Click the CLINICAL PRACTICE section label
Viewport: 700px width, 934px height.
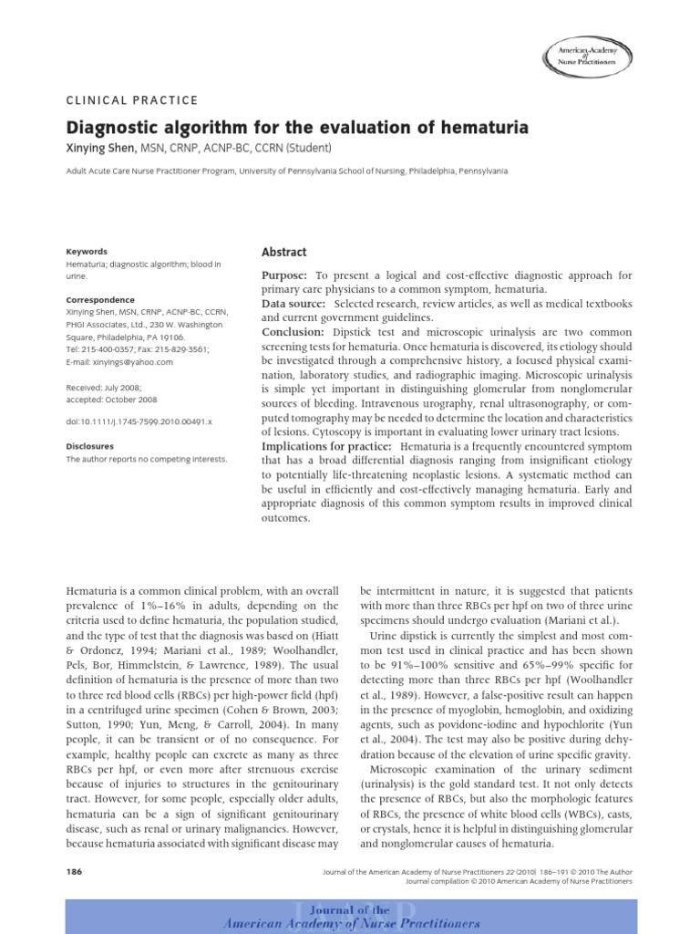coord(132,100)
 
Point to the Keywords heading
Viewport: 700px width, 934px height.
coord(87,252)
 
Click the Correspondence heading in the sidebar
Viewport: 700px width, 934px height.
coord(100,300)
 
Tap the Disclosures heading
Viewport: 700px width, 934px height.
coord(90,447)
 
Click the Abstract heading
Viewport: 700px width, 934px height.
coord(284,252)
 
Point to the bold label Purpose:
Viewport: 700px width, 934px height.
coord(286,275)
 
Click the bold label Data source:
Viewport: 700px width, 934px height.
coord(294,302)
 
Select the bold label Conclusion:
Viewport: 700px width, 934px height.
coord(293,333)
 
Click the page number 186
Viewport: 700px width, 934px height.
coord(75,872)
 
